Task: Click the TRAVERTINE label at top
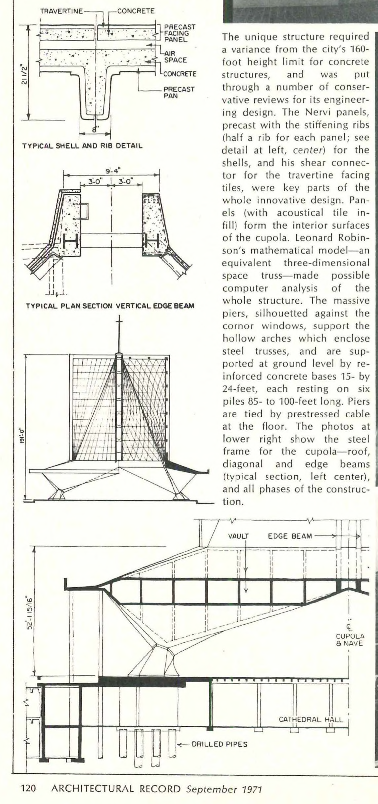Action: pyautogui.click(x=61, y=11)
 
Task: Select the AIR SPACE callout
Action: pyautogui.click(x=175, y=57)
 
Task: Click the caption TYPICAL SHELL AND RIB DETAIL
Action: pyautogui.click(x=82, y=145)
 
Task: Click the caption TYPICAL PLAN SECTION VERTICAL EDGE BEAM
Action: pyautogui.click(x=110, y=306)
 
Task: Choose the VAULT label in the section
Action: pyautogui.click(x=238, y=536)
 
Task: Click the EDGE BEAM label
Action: pyautogui.click(x=290, y=536)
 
